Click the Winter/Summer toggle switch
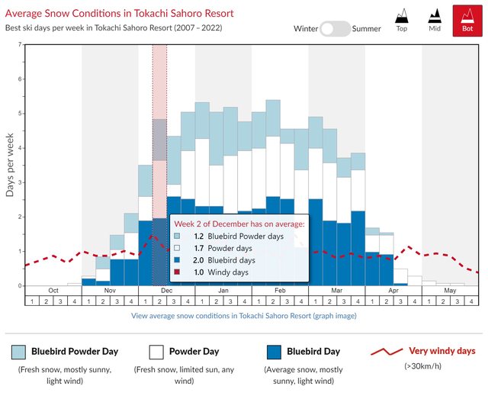pyautogui.click(x=335, y=28)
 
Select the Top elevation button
pyautogui.click(x=402, y=21)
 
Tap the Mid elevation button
pyautogui.click(x=434, y=21)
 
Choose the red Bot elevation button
pyautogui.click(x=466, y=21)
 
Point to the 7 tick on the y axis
pyautogui.click(x=20, y=44)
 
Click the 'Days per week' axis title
pyautogui.click(x=10, y=165)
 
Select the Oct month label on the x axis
pyautogui.click(x=53, y=291)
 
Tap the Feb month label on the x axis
pyautogui.click(x=280, y=291)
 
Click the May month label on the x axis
pyautogui.click(x=450, y=291)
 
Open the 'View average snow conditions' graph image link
pyautogui.click(x=243, y=315)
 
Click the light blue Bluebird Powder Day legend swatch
pyautogui.click(x=19, y=351)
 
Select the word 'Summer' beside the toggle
pyautogui.click(x=367, y=28)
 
